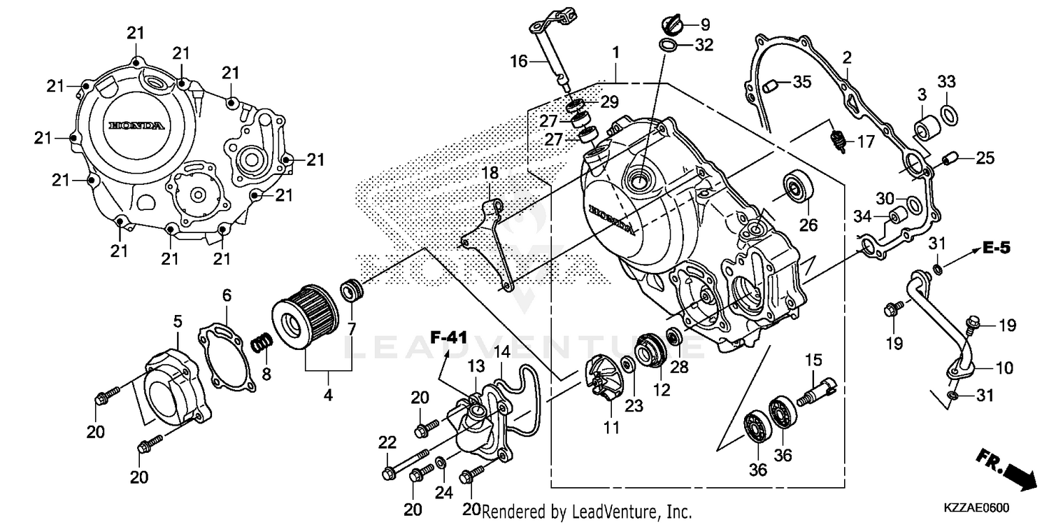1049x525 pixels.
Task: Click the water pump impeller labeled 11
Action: click(604, 379)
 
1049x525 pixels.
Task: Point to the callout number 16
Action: click(518, 62)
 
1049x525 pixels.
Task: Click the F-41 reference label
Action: click(448, 337)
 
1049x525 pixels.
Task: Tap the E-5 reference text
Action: click(996, 247)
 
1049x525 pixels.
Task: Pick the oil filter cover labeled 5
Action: click(171, 388)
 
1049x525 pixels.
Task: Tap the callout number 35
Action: click(802, 82)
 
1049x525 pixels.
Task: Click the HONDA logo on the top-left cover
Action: click(136, 126)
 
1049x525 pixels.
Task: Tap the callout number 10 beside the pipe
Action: click(1004, 367)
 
